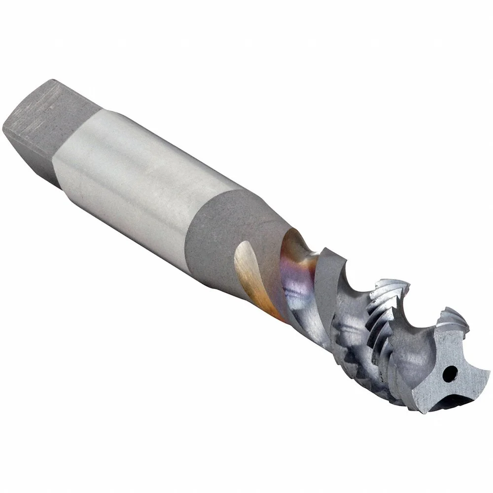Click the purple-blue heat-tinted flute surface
296,276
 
